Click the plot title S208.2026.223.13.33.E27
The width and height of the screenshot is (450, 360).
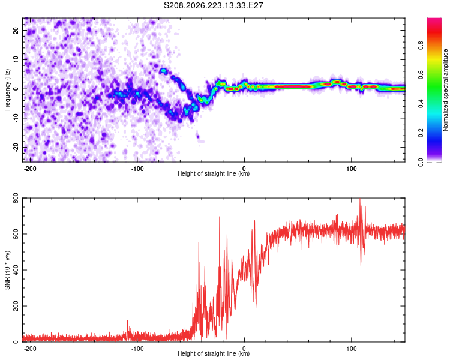tap(213, 5)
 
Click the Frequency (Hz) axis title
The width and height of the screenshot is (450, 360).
tap(7, 90)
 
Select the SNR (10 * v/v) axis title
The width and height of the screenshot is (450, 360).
tap(7, 270)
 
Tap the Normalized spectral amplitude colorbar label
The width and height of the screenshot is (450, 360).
tap(445, 90)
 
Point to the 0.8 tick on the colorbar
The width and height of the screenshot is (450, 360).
tap(421, 46)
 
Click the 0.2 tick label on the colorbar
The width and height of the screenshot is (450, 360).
tap(421, 133)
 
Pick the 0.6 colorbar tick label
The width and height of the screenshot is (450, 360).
tap(421, 74)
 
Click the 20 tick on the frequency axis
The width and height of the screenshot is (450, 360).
tap(16, 30)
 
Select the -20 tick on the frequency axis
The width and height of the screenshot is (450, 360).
tap(16, 147)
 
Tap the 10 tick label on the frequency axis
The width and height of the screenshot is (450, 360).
tap(16, 59)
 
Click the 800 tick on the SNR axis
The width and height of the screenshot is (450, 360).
tap(16, 198)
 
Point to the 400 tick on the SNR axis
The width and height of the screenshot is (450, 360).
tap(16, 270)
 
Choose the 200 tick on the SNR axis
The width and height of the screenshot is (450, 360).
tap(16, 306)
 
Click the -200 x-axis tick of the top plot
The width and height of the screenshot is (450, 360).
tap(30, 169)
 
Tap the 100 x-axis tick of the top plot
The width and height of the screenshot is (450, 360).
tap(351, 169)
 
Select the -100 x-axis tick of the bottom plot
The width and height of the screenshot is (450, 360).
tap(137, 349)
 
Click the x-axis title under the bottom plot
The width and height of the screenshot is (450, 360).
tap(214, 353)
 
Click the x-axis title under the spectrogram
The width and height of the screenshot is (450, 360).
tap(214, 173)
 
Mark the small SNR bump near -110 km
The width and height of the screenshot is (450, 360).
tap(128, 326)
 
